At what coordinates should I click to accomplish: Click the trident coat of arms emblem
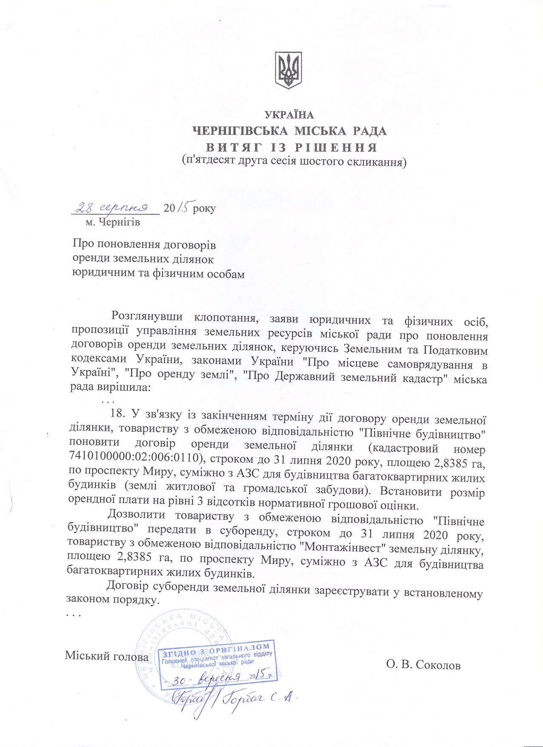[289, 71]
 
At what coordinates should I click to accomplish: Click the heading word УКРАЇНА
[289, 115]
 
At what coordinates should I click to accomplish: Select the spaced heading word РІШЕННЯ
[336, 147]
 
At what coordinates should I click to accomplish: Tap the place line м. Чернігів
[113, 222]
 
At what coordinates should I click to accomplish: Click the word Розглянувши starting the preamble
[147, 317]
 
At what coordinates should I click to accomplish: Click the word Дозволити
[136, 515]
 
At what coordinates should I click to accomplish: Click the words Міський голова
[106, 656]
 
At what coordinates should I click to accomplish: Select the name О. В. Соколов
[423, 665]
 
